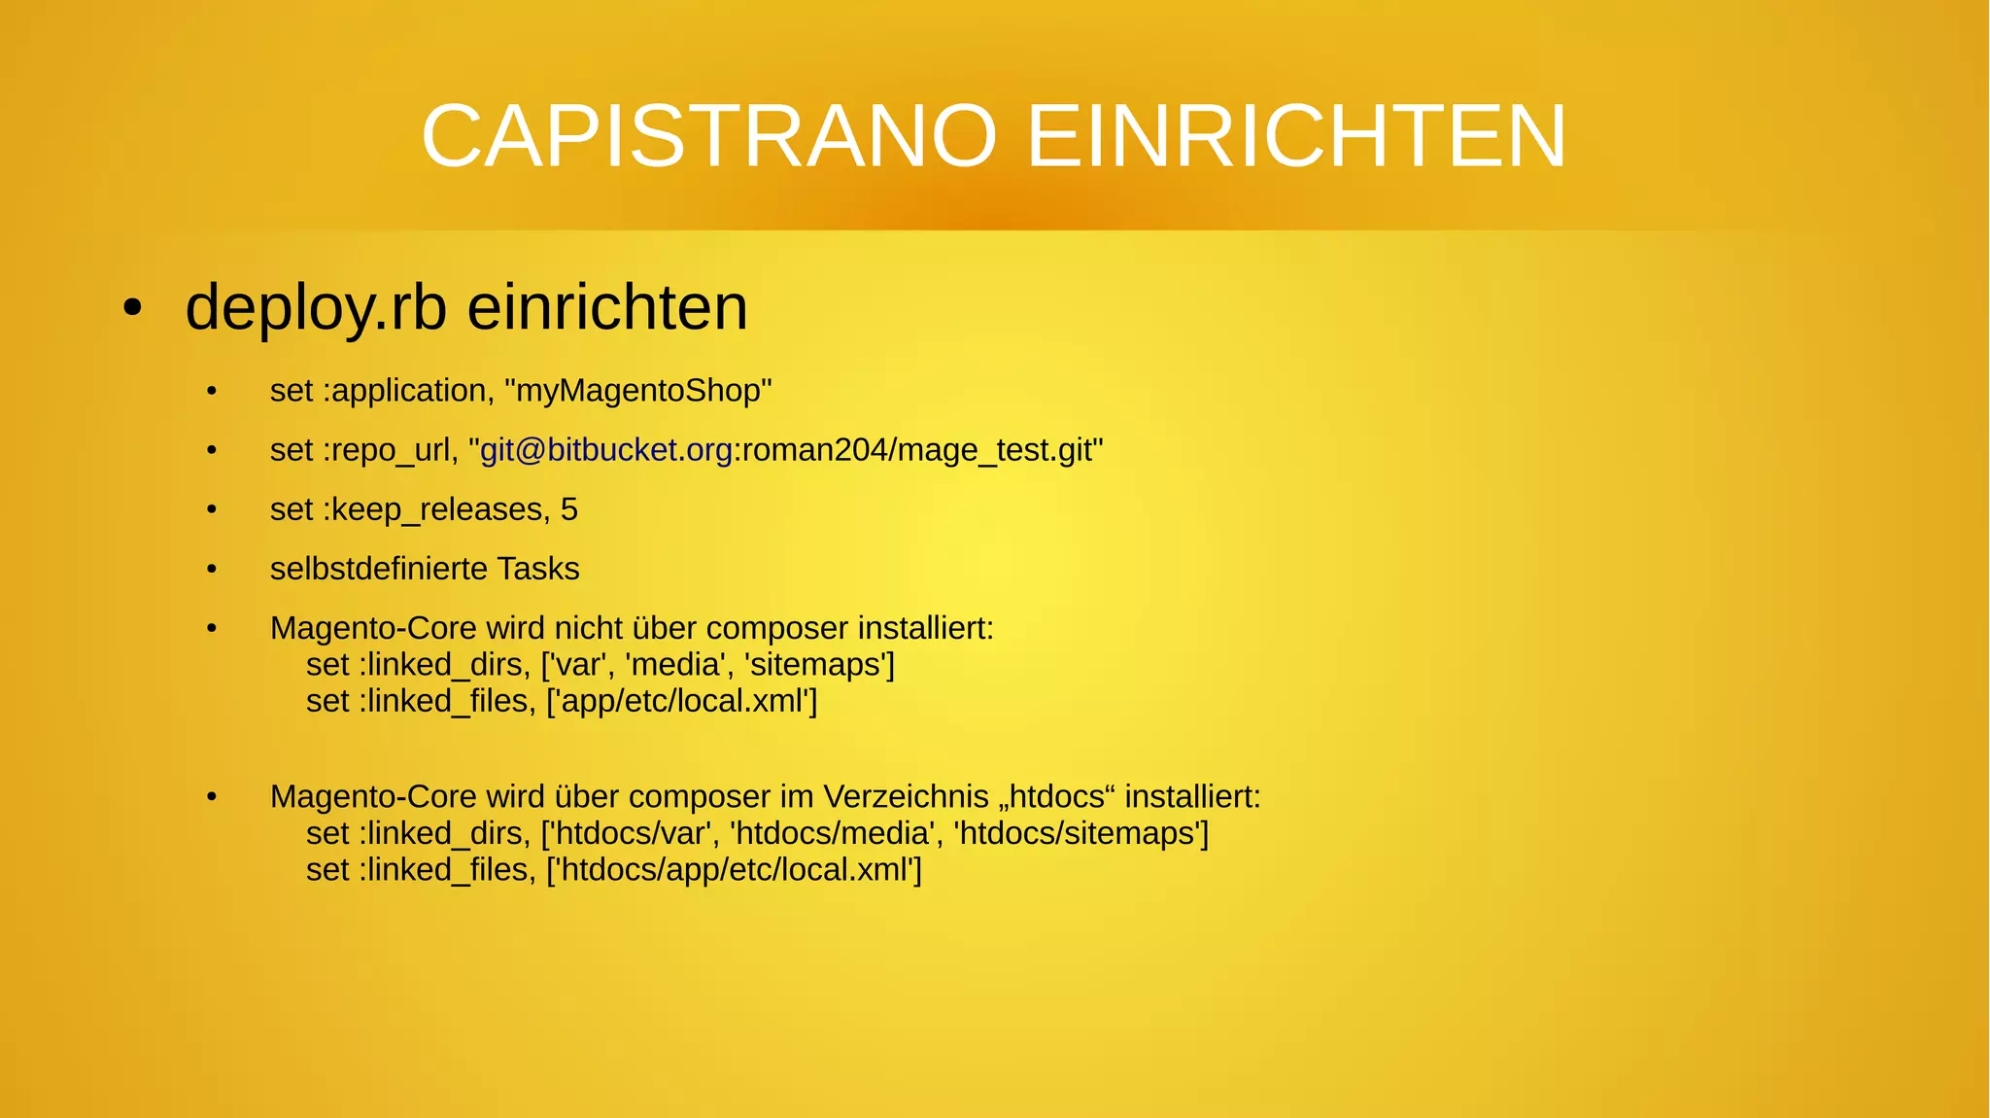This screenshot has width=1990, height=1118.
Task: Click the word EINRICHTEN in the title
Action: point(1296,136)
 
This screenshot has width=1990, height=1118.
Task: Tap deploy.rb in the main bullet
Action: point(316,308)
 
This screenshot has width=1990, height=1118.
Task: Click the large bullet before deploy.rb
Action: point(133,308)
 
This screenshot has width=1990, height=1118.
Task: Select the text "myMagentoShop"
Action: point(638,391)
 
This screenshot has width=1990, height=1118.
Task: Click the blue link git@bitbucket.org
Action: point(606,450)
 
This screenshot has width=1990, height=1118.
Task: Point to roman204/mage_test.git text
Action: point(918,450)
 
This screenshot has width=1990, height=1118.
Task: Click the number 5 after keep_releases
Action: point(569,509)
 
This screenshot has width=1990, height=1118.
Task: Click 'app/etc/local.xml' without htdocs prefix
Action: point(682,701)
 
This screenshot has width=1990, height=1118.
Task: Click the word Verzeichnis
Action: point(906,797)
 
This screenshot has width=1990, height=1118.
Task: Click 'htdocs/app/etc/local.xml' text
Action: point(734,869)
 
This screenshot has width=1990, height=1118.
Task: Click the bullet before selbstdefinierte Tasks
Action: point(212,569)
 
